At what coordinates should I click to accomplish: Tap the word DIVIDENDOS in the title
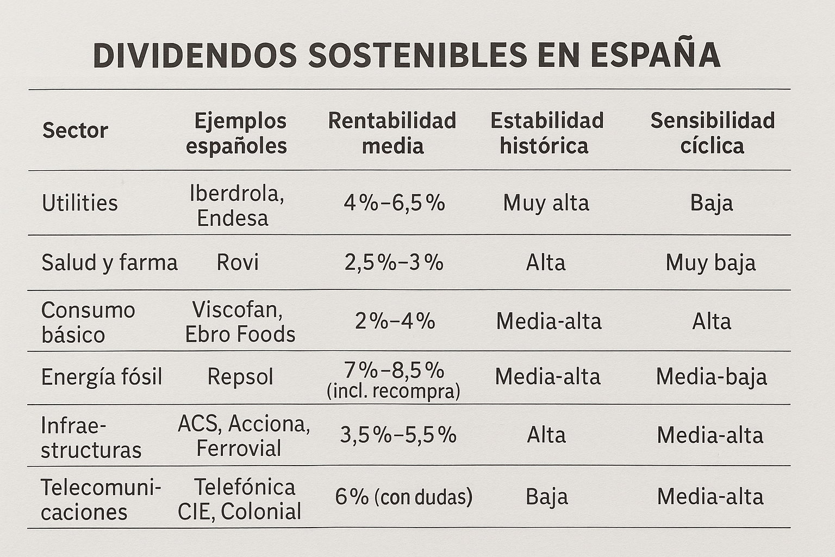[x=195, y=55]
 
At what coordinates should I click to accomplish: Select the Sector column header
[x=75, y=131]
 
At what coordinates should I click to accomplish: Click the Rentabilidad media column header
[x=392, y=133]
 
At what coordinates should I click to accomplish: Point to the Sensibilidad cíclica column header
[x=712, y=133]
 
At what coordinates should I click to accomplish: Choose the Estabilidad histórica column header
[x=546, y=133]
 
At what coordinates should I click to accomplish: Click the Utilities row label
[x=80, y=203]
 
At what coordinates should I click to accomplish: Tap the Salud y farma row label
[x=109, y=263]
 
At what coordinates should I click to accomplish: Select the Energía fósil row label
[x=102, y=377]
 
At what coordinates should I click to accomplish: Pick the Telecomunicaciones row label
[x=100, y=499]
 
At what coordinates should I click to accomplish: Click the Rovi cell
[x=238, y=263]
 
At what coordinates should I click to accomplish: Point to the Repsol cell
[x=240, y=377]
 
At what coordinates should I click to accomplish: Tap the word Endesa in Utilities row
[x=233, y=218]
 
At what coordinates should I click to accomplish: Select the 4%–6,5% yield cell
[x=394, y=203]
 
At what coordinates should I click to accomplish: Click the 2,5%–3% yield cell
[x=394, y=263]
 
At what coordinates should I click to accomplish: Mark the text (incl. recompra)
[x=393, y=391]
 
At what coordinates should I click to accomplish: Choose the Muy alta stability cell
[x=546, y=203]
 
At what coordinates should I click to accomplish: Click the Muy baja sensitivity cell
[x=711, y=263]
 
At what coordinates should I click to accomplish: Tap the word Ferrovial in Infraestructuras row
[x=239, y=449]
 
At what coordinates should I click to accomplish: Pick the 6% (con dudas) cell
[x=403, y=497]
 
